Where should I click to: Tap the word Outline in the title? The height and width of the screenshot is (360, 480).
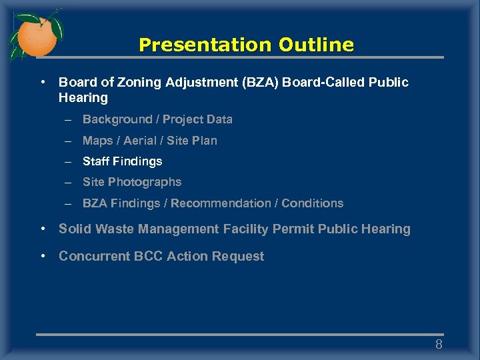point(316,45)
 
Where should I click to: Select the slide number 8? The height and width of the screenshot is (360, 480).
point(439,345)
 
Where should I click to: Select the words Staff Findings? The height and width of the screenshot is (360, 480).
point(122,161)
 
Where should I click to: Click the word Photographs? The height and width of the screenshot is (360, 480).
point(145,182)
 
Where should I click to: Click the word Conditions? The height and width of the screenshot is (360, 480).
point(313,203)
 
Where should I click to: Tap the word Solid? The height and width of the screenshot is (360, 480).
point(75,229)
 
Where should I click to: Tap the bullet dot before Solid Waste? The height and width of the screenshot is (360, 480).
point(43,229)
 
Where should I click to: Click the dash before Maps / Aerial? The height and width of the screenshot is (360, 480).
point(68,141)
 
